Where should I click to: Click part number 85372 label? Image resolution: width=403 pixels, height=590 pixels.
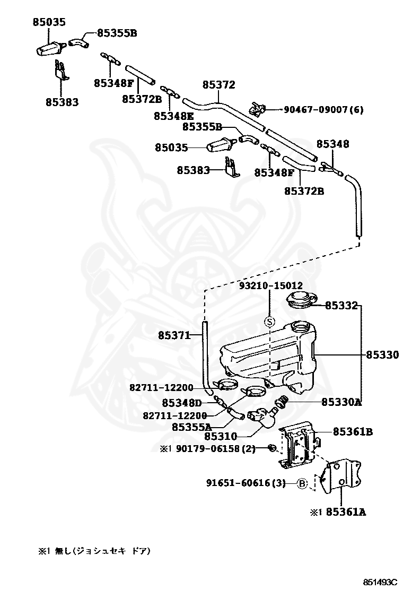coord(218,85)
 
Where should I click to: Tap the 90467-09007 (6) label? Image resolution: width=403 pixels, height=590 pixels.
coord(323,109)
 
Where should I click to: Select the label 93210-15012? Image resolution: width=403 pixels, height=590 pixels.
coord(271,286)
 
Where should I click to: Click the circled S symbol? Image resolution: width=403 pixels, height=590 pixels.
coord(270,322)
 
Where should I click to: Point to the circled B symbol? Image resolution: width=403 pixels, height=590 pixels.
coord(303,483)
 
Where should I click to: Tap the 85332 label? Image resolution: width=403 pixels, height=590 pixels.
coord(341,306)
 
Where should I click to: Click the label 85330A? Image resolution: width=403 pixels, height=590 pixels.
coord(341,402)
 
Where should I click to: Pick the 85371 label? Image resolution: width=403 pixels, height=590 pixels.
coord(174,335)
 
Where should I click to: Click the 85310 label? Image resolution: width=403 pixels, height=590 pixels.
coord(221,436)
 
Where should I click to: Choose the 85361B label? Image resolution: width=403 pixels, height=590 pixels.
coord(353,431)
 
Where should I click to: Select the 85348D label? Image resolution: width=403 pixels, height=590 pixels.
coord(182,403)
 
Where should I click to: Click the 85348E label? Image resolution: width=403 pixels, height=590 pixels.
coord(174,116)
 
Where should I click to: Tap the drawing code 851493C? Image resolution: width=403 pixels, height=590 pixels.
coord(380,583)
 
